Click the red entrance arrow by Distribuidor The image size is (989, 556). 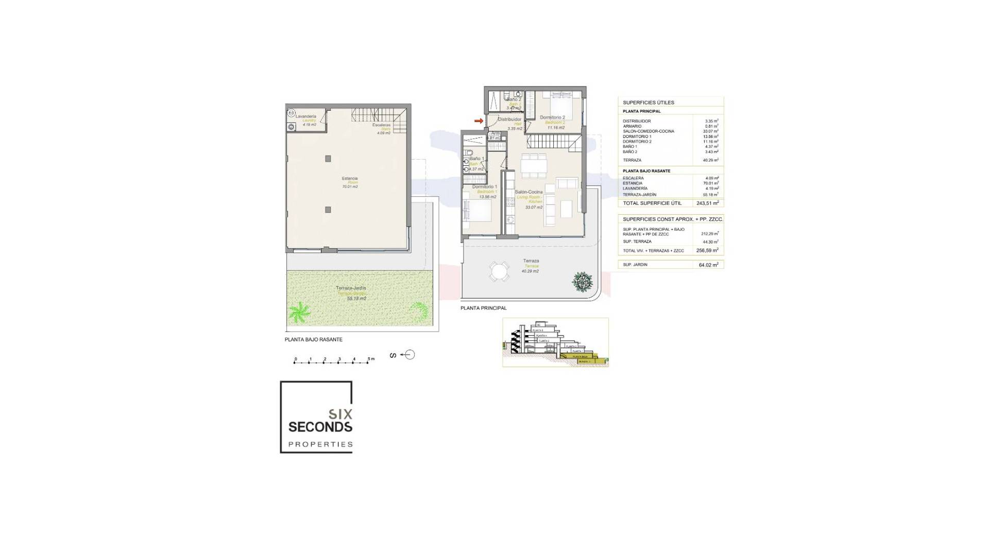point(479,121)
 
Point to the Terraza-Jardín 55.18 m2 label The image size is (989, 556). point(351,293)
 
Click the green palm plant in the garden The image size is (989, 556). point(299,311)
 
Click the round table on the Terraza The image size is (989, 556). point(499,271)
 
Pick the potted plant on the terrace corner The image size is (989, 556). point(583,281)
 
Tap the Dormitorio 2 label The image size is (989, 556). point(552,117)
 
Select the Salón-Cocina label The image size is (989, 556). point(528,192)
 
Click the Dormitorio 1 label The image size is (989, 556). point(484,187)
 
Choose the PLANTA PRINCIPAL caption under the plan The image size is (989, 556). point(483,308)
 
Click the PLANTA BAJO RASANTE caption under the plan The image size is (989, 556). point(313,340)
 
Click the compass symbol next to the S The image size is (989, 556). point(410,355)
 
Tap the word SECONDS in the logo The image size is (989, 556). point(320,427)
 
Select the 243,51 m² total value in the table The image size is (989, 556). point(707,203)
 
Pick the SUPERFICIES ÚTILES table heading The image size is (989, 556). point(648,102)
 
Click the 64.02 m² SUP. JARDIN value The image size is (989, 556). point(708,265)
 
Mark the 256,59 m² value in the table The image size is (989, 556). point(707,251)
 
